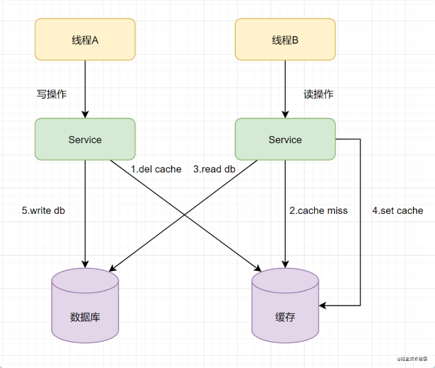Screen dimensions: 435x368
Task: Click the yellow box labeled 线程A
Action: coord(85,39)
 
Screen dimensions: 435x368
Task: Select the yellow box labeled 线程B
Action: coord(285,39)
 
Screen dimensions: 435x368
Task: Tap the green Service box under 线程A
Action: coord(85,139)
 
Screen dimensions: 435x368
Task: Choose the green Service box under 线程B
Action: coord(285,139)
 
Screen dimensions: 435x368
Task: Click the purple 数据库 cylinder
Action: coord(85,306)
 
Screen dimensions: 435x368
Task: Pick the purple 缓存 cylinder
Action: coord(285,306)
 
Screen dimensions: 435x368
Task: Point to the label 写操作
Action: coord(51,94)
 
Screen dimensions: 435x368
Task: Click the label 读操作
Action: coord(319,94)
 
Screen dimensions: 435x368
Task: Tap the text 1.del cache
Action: coord(156,169)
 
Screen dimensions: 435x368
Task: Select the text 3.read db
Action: coord(214,169)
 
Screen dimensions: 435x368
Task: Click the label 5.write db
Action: coord(43,211)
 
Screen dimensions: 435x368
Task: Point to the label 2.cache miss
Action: coord(319,211)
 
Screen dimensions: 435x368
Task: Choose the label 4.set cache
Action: coord(398,211)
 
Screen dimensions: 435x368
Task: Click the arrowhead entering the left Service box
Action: coord(85,114)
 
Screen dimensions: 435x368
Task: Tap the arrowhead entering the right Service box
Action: coord(285,114)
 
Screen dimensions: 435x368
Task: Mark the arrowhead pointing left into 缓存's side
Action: coord(323,306)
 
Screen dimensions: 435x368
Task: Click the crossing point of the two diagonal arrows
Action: coord(184,215)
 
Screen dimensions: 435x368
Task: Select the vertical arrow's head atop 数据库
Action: coord(85,265)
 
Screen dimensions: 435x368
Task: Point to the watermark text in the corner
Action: coord(413,359)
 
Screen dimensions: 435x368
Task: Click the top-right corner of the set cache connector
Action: coord(360,139)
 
